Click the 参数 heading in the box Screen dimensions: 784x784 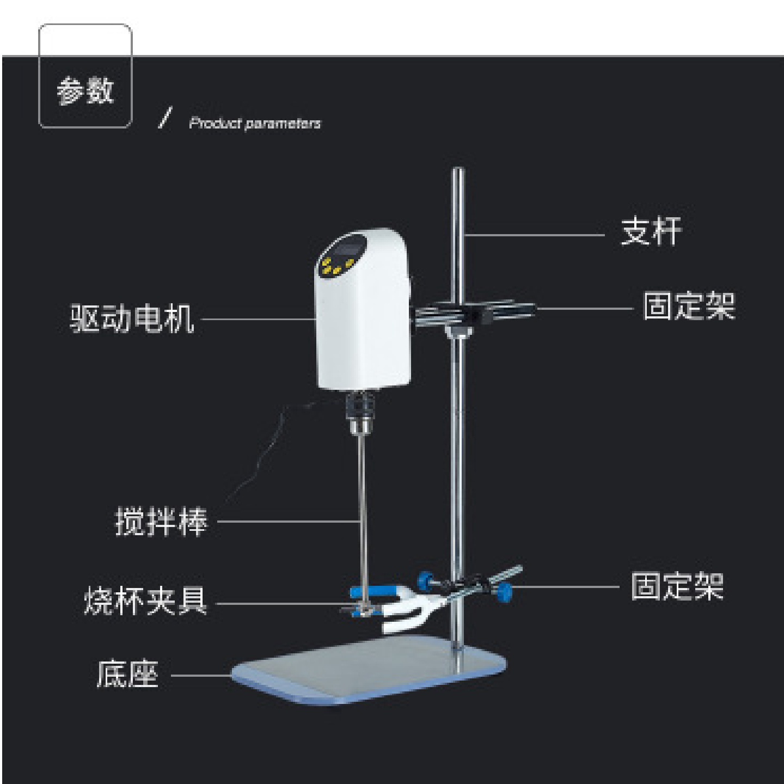[x=85, y=90]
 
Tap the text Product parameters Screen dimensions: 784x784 [x=255, y=123]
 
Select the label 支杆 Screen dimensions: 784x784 [x=651, y=232]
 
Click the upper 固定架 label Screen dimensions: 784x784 [x=689, y=306]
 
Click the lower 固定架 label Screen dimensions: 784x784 [x=677, y=586]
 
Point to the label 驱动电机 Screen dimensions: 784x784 [x=132, y=318]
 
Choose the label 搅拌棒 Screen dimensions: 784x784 [x=161, y=522]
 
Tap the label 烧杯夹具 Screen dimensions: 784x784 [x=145, y=601]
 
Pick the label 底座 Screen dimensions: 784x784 [x=127, y=674]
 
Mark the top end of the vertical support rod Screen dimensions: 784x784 [x=458, y=172]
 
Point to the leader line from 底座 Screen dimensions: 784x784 [x=201, y=676]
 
